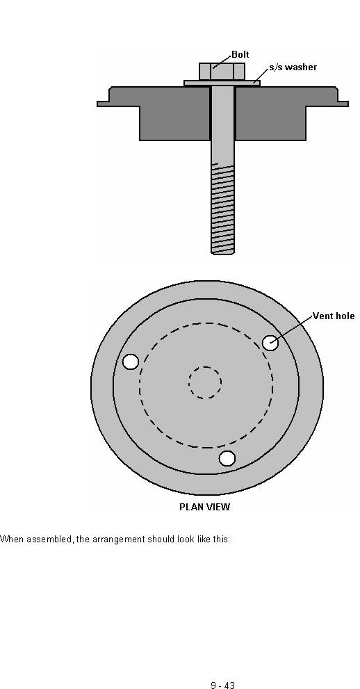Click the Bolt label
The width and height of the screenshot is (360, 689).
pos(240,54)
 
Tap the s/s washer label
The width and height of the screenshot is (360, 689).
pos(293,67)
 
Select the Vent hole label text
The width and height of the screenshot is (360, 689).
pos(334,316)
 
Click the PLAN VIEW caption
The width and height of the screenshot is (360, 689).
pos(204,507)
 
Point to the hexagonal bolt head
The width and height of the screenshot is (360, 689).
pos(222,71)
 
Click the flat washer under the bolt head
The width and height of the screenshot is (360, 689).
pos(222,83)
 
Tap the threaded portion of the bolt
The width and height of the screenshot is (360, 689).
pos(222,208)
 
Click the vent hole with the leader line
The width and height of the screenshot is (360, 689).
pos(270,343)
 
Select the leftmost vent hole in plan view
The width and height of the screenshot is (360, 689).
pos(131,362)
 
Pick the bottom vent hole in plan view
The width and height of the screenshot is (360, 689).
pos(227,458)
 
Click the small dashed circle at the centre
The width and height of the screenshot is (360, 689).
pos(205,382)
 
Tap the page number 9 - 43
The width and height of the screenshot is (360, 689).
pos(222,685)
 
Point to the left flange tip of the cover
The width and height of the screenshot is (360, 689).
pos(97,104)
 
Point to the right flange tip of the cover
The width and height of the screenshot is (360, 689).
pos(347,104)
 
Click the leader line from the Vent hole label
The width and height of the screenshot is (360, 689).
pos(293,329)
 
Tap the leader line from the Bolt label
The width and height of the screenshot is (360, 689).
pos(222,61)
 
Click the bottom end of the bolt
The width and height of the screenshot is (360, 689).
pos(222,254)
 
